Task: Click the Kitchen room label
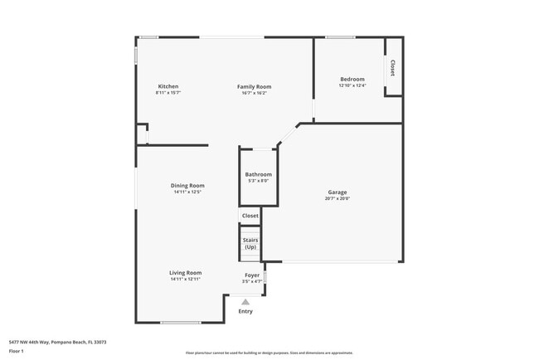tap(168, 86)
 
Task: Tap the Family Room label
tap(254, 86)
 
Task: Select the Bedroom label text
tap(352, 79)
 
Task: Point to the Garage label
tap(337, 192)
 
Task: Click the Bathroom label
tap(258, 174)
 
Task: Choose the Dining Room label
tap(187, 185)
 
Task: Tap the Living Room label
tap(187, 272)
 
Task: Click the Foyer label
tap(252, 275)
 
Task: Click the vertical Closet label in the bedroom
tap(392, 68)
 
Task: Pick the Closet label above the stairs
tap(250, 216)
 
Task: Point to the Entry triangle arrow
tap(245, 303)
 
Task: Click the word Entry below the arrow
tap(245, 312)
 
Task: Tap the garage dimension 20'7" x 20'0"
tap(337, 198)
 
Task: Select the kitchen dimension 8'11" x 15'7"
tap(168, 93)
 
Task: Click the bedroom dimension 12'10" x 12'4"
tap(352, 85)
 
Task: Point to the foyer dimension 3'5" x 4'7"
tap(252, 281)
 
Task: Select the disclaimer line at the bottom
tap(269, 352)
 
